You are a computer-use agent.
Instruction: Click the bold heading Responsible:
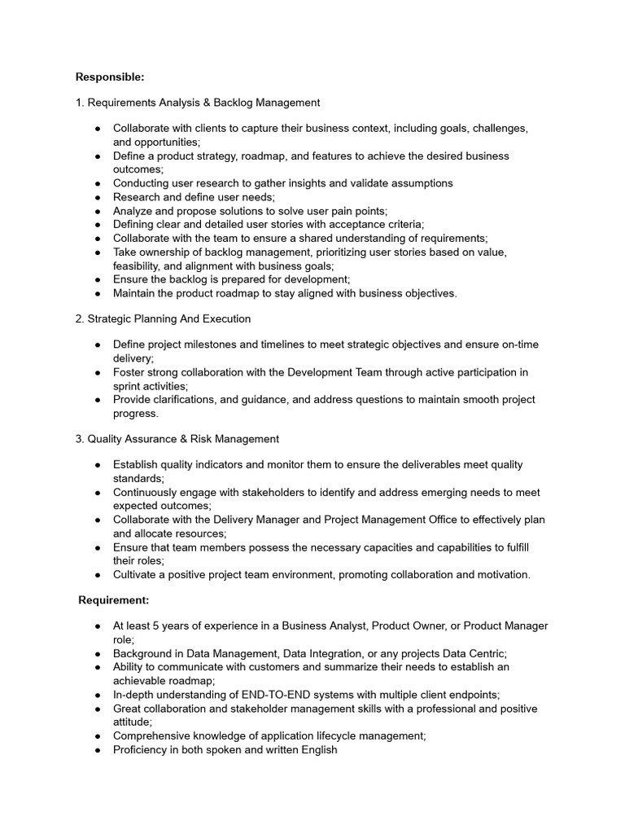pos(110,77)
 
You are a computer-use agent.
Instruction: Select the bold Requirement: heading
pos(113,600)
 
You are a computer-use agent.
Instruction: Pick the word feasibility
pos(141,266)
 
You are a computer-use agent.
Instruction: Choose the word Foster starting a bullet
pos(129,372)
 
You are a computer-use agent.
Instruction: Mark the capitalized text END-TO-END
pos(273,695)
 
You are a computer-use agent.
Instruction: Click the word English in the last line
pos(317,749)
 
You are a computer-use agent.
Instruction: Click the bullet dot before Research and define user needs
pos(98,197)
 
